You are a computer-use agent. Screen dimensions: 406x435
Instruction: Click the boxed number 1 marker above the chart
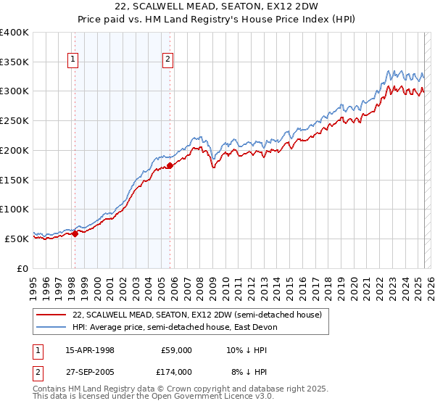click(74, 60)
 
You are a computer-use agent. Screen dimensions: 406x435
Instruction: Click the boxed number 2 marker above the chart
click(167, 60)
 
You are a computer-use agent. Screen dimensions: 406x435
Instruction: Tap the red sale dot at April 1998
click(75, 233)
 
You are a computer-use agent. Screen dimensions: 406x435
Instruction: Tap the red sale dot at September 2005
click(170, 165)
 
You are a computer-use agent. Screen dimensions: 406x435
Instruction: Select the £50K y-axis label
click(17, 239)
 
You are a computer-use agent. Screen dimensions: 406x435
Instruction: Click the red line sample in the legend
click(51, 314)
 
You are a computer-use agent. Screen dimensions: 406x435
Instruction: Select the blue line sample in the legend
click(51, 327)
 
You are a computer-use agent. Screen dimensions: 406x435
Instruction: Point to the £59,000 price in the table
click(176, 350)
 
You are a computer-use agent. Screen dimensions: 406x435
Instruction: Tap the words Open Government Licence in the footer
click(219, 398)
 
